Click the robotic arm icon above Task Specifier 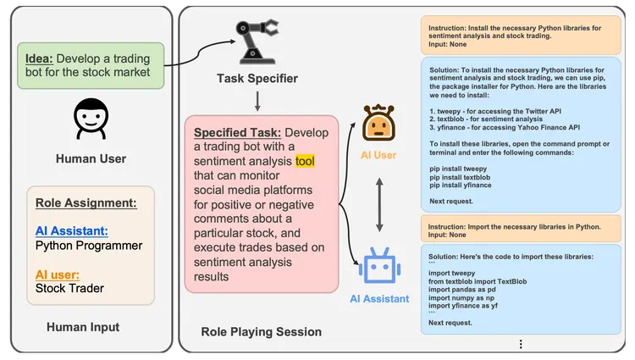tap(258, 42)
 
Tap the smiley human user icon tap(90, 120)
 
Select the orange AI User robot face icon tap(378, 124)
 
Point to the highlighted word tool tap(304, 161)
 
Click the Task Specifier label tap(257, 79)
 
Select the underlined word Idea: tap(39, 58)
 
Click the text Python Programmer tap(89, 246)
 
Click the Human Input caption tap(82, 328)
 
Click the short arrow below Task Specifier tap(257, 102)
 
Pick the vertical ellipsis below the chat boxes tap(521, 344)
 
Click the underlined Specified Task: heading tap(237, 133)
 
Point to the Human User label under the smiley tap(91, 158)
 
